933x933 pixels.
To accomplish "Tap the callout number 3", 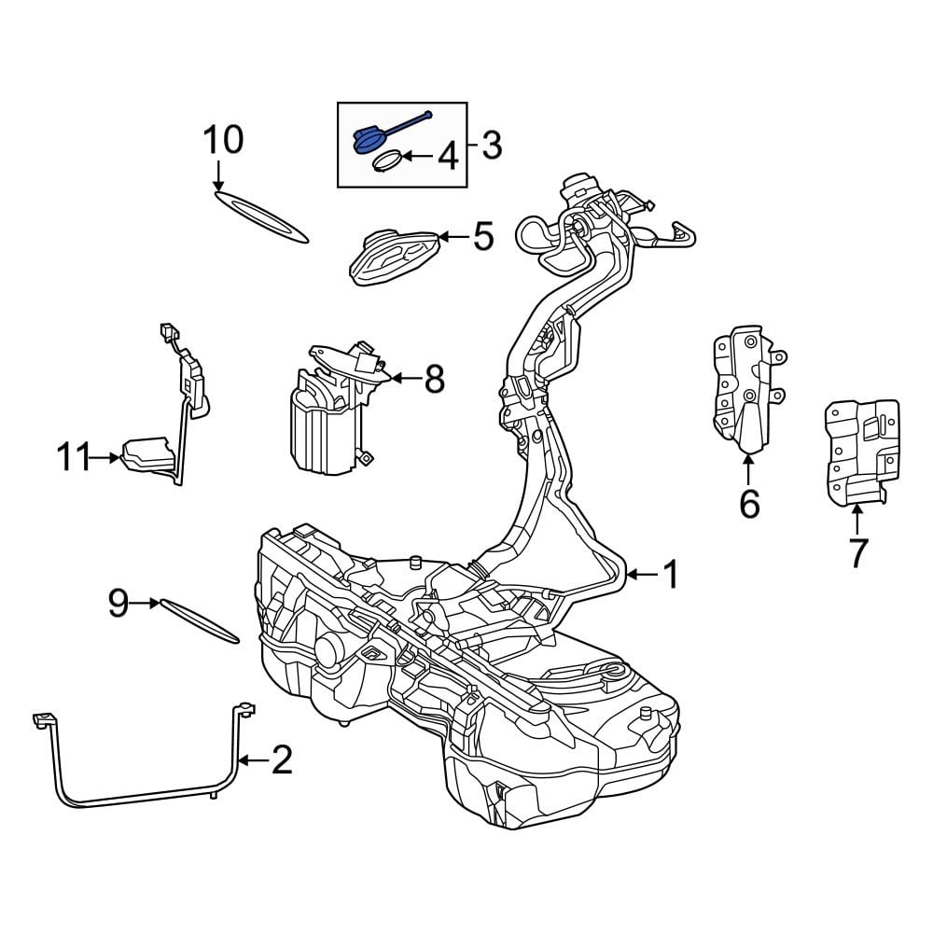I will (492, 146).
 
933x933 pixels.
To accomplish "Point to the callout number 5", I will (482, 237).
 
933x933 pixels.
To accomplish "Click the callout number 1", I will (671, 576).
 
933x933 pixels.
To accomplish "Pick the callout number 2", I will (281, 760).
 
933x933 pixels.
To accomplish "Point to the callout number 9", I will (118, 604).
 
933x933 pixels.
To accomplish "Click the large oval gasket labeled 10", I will (261, 216).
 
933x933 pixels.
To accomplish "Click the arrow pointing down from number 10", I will (218, 176).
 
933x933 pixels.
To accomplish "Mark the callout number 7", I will (857, 552).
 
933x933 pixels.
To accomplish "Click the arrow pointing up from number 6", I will (748, 466).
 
